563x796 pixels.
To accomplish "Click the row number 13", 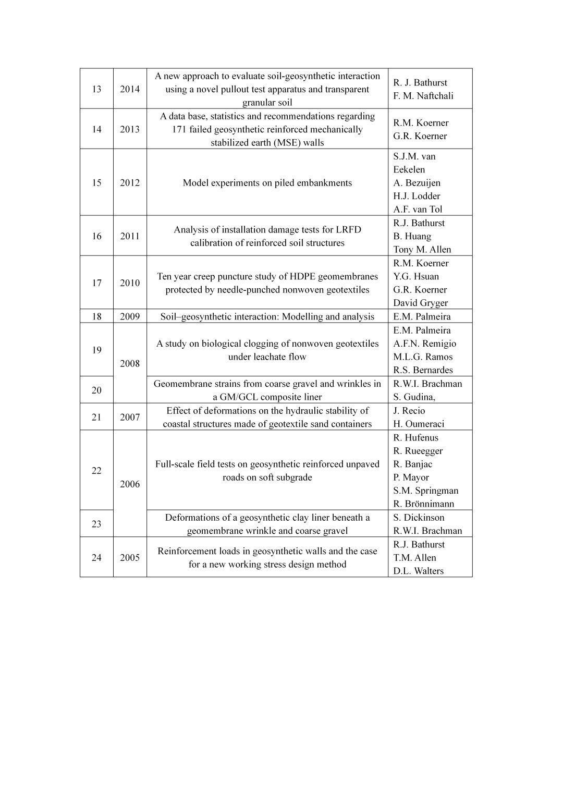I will pos(96,89).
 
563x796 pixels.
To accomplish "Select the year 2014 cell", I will pos(130,89).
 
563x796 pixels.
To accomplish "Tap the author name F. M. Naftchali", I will pos(423,96).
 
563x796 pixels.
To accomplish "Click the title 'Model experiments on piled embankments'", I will pos(267,183).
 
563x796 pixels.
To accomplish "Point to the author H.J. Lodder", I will pos(417,196).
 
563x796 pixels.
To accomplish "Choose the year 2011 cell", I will pos(130,236).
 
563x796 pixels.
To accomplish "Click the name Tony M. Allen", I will pos(422,250).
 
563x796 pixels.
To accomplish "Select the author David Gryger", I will pos(420,303).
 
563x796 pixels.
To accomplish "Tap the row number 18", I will pos(96,316).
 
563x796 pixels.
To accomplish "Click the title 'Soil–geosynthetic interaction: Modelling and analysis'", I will pos(267,316).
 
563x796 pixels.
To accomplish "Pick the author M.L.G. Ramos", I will pos(423,357).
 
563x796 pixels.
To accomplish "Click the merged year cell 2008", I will pos(130,363).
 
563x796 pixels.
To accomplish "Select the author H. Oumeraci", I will pos(419,424).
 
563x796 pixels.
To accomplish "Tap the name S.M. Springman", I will pos(425,491).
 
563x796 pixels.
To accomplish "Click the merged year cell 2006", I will pos(130,484).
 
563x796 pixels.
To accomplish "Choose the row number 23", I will pos(96,524).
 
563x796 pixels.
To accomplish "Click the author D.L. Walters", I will pos(418,571).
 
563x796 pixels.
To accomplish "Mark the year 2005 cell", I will pos(130,557).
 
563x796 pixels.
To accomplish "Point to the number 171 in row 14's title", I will pos(179,129).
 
